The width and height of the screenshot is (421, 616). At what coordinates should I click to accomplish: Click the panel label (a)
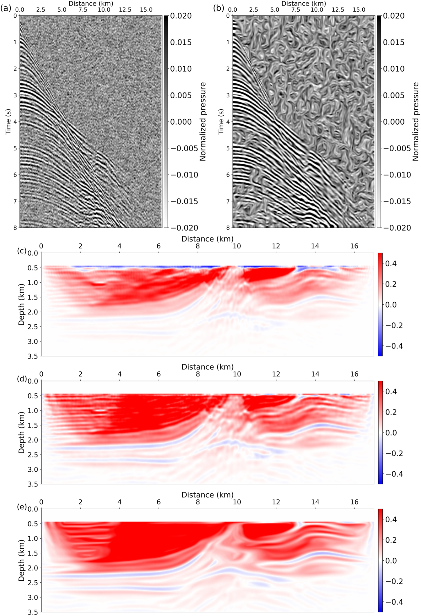pyautogui.click(x=6, y=8)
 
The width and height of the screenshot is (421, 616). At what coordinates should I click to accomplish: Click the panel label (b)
pyautogui.click(x=218, y=8)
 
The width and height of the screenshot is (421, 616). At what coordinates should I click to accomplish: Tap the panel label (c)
pyautogui.click(x=22, y=251)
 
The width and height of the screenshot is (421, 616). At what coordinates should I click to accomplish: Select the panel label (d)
pyautogui.click(x=22, y=379)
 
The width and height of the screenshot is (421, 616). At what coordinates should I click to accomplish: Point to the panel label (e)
pyautogui.click(x=22, y=507)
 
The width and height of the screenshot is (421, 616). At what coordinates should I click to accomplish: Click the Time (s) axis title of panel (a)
pyautogui.click(x=8, y=122)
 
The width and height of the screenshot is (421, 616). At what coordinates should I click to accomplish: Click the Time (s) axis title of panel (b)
pyautogui.click(x=221, y=122)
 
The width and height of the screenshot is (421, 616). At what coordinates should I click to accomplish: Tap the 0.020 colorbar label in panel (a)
pyautogui.click(x=181, y=16)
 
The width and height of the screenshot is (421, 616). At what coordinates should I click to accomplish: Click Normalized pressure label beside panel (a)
pyautogui.click(x=203, y=122)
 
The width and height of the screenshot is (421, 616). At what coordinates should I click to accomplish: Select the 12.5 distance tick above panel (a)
pyautogui.click(x=125, y=10)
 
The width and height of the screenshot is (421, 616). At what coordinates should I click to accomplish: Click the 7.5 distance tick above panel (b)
pyautogui.click(x=296, y=10)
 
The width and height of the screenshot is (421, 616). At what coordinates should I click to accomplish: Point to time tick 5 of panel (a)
pyautogui.click(x=15, y=148)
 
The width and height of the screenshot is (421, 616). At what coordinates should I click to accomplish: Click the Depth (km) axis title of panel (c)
pyautogui.click(x=21, y=304)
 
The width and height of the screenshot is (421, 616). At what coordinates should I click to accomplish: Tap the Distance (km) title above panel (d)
pyautogui.click(x=207, y=367)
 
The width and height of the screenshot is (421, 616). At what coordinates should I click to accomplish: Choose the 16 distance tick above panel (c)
pyautogui.click(x=354, y=246)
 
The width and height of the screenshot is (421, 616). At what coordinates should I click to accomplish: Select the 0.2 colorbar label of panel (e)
pyautogui.click(x=391, y=540)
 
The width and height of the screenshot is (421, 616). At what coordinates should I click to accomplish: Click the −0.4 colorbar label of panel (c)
pyautogui.click(x=394, y=346)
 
